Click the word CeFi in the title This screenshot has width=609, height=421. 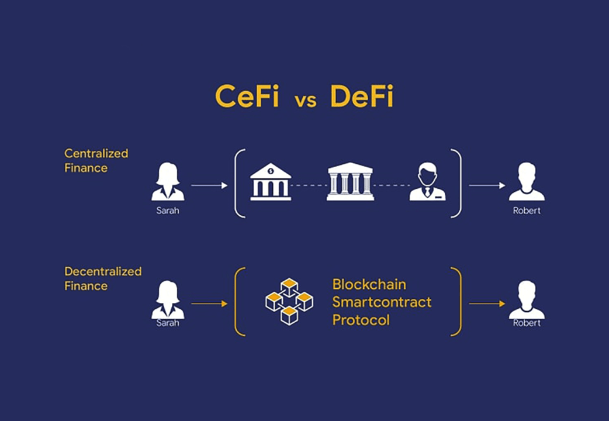tap(246, 96)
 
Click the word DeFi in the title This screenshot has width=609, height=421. tap(362, 96)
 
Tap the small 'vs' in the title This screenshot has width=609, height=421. tap(306, 100)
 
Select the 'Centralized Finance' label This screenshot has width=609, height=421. tap(96, 161)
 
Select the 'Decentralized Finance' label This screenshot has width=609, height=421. tap(103, 278)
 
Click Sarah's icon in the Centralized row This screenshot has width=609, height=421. tap(168, 182)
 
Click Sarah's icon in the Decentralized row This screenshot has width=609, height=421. tap(168, 300)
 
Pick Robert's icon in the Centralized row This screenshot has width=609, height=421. tap(527, 182)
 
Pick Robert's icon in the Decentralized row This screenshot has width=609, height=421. tap(527, 300)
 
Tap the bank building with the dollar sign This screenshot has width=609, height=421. tap(271, 182)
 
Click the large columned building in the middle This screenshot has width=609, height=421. tap(350, 182)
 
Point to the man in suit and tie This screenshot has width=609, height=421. tap(427, 182)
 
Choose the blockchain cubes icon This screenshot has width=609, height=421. tap(289, 301)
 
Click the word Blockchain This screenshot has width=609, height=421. tap(369, 285)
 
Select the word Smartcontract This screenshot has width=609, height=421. tap(382, 302)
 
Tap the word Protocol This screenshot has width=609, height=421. tap(361, 320)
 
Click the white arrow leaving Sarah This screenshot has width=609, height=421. tap(209, 185)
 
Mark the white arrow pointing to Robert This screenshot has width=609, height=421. tap(487, 185)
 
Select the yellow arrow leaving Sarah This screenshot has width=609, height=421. tap(209, 303)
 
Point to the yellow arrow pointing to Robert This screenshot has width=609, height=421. tap(487, 303)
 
